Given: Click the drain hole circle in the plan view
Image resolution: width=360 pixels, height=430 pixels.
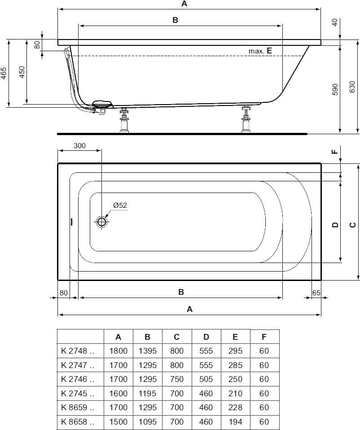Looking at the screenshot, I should (101, 222).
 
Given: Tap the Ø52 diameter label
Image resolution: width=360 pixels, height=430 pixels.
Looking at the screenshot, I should (120, 205).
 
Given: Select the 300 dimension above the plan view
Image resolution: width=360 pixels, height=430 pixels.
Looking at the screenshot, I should (79, 146).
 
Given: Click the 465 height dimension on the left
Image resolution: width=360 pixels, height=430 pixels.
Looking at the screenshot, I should (4, 73).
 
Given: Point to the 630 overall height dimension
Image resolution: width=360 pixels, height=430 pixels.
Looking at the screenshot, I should (352, 86).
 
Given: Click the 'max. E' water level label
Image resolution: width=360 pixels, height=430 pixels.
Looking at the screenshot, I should (260, 51).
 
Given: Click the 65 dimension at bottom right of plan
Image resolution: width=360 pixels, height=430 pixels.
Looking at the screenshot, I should (316, 293).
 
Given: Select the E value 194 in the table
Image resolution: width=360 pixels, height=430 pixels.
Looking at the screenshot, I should (235, 421).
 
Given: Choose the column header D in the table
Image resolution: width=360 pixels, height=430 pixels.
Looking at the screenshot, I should (206, 337).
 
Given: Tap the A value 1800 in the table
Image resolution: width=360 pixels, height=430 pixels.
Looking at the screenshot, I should (118, 351).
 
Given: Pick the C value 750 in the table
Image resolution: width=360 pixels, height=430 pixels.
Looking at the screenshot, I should (176, 379).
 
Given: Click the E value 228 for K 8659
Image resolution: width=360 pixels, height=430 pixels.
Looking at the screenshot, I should (235, 408).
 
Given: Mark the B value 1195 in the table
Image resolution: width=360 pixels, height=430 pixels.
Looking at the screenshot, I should (147, 393).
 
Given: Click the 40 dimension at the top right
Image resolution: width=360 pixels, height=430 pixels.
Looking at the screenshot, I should (334, 22).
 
